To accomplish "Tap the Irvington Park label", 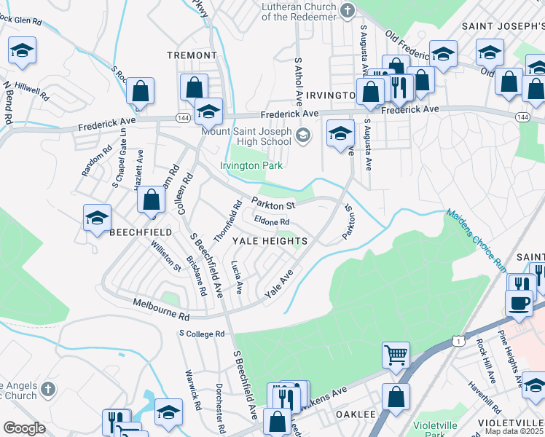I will pos(250,165).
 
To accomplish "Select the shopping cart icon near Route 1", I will pos(395,355).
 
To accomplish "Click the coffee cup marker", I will pos(519,302).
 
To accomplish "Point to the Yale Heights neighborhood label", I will pos(269,240).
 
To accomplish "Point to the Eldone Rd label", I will pos(272,221).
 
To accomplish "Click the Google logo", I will pos(24,428).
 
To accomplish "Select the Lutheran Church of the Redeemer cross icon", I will pos(347,10).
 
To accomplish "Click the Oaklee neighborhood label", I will pos(356,414).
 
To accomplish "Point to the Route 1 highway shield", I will pos(457,340).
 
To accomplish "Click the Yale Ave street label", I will pos(278,283).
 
